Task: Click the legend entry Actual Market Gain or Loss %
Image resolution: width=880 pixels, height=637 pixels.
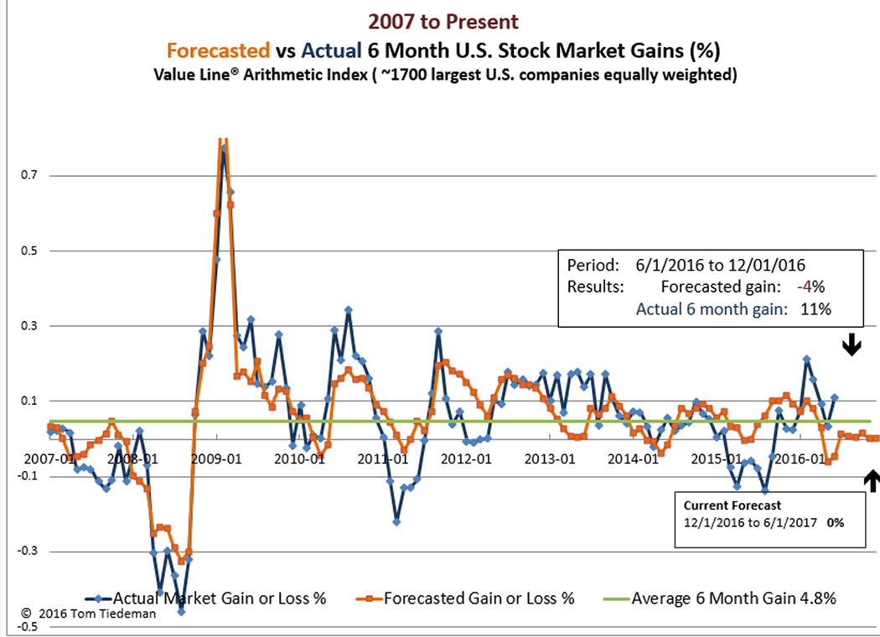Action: coord(220,598)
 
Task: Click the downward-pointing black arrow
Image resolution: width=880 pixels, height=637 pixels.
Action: coord(852,344)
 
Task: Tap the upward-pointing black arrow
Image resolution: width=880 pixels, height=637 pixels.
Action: coord(872,480)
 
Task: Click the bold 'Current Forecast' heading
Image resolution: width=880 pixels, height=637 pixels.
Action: coord(732,505)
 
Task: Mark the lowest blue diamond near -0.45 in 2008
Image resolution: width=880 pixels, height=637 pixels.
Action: coord(181,612)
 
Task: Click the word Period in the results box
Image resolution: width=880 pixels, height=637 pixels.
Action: coord(589,265)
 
